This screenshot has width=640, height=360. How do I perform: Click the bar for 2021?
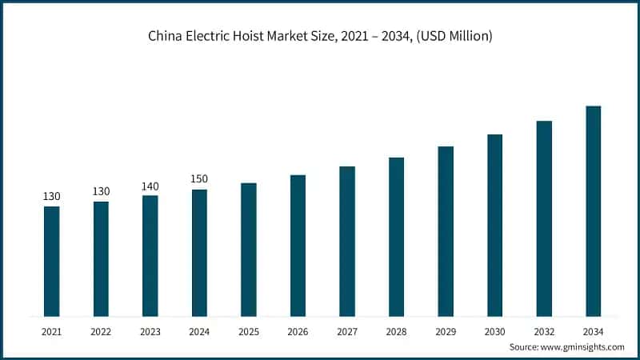tap(52, 261)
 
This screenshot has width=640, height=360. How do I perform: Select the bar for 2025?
tap(249, 250)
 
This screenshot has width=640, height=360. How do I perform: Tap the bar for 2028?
tap(396, 237)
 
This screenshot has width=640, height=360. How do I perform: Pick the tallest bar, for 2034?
tap(593, 211)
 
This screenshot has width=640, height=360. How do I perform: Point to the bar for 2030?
tap(494, 225)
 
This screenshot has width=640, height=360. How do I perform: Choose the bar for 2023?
tap(150, 255)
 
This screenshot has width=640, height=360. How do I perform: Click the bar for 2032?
tap(544, 218)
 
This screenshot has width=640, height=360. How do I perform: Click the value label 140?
tap(150, 186)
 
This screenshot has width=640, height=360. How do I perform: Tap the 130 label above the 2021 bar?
tap(52, 197)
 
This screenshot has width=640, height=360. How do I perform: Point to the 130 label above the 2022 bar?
tap(101, 192)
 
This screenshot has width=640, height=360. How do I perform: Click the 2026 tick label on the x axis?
tap(298, 331)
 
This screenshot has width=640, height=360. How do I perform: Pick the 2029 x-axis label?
tap(446, 331)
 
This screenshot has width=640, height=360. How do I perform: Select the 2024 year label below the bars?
tap(199, 331)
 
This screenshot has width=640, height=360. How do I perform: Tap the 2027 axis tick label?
tap(347, 331)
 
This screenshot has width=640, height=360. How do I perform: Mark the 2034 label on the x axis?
tap(593, 331)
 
